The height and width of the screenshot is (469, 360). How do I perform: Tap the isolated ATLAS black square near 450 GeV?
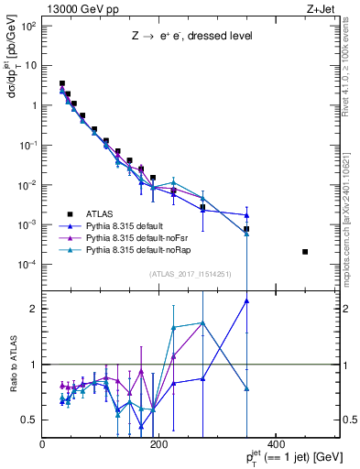coord(305,252)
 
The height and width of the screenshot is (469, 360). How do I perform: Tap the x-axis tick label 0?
coord(43,445)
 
